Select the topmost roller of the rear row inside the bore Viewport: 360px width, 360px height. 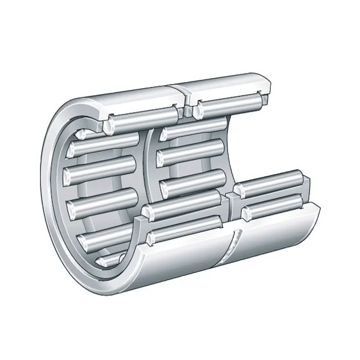click(192, 130)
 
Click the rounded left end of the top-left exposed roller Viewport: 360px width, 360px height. click(110, 125)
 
